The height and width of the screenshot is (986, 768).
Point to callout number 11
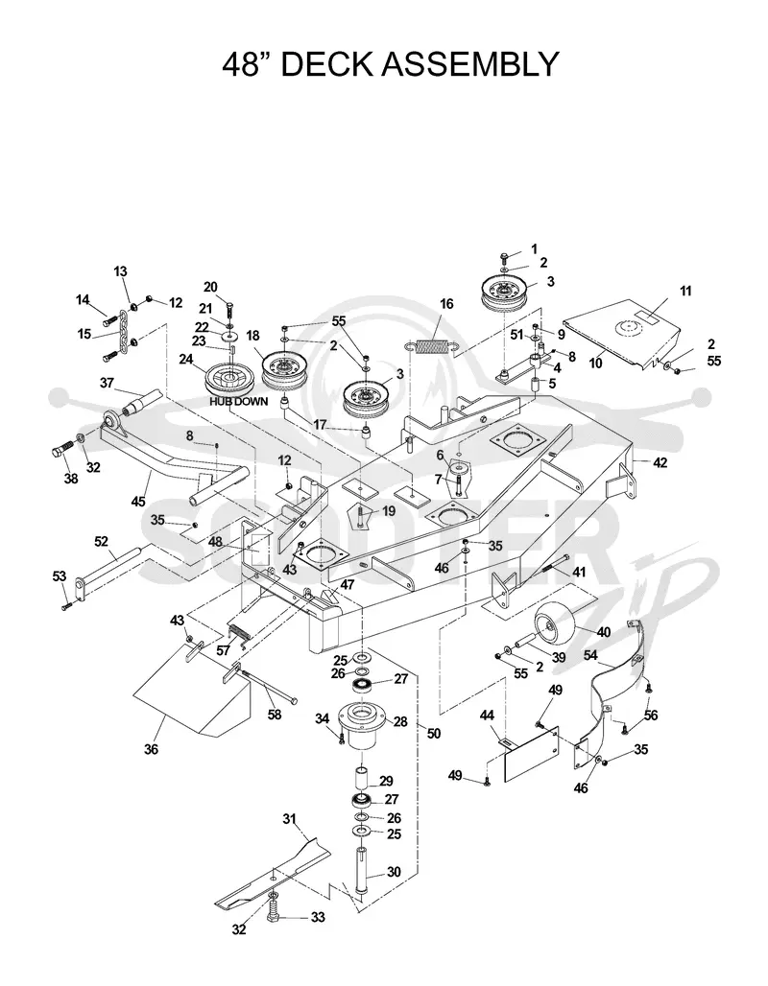pyautogui.click(x=685, y=292)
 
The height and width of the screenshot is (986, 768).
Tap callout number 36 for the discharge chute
pyautogui.click(x=151, y=749)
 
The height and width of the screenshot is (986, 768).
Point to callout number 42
pyautogui.click(x=660, y=463)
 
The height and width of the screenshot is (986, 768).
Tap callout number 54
pyautogui.click(x=590, y=654)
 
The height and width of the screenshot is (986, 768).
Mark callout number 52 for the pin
pyautogui.click(x=101, y=541)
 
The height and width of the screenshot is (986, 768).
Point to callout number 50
pyautogui.click(x=434, y=733)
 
